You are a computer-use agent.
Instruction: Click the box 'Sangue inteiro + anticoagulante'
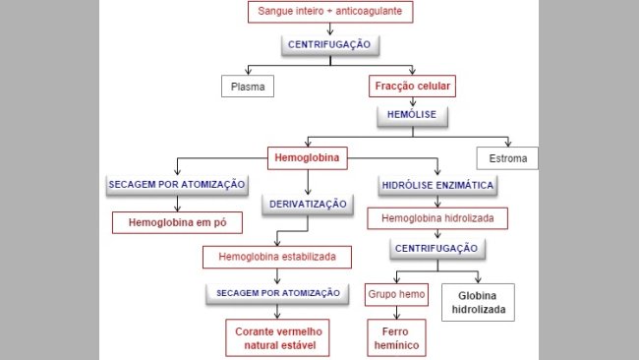328,13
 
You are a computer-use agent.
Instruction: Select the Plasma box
246,87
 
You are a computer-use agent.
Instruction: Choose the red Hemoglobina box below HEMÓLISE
309,155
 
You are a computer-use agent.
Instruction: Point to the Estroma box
507,157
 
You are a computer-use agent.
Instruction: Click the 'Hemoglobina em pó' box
177,222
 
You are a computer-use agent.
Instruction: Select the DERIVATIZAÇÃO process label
308,205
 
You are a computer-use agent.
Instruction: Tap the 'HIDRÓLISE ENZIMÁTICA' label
436,185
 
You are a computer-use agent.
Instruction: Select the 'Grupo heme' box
396,294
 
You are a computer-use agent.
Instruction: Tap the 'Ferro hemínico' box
396,336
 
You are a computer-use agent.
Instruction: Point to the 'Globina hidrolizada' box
479,301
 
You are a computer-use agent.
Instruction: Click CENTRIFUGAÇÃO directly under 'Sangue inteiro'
330,45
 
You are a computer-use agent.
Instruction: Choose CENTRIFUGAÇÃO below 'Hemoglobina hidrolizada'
436,248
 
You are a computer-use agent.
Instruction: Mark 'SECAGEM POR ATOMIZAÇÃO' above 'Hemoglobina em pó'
177,185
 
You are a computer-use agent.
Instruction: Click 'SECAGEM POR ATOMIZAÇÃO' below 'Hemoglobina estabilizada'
276,293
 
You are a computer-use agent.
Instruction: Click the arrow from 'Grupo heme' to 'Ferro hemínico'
396,312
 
